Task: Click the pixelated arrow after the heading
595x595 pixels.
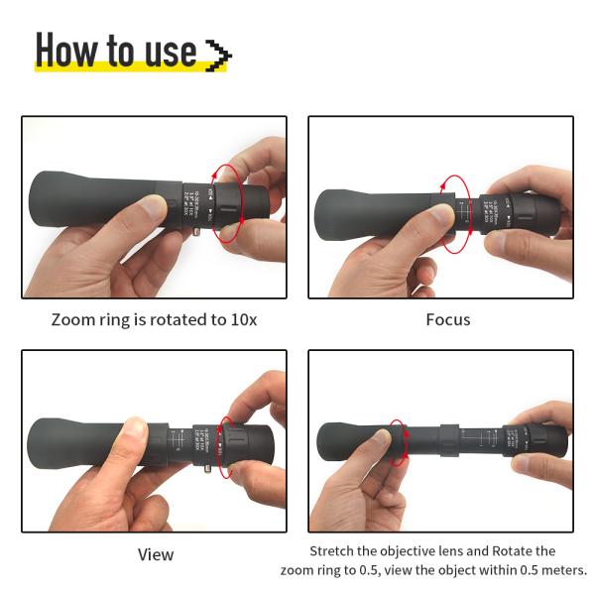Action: (217, 55)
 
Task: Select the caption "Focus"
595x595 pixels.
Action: (448, 320)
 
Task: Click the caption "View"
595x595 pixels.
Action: (156, 554)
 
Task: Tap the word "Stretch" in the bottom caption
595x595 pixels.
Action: (334, 551)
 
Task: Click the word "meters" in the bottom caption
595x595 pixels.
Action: (561, 570)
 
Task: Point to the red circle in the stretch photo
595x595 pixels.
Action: (399, 442)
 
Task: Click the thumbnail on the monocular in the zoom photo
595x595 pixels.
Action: (152, 210)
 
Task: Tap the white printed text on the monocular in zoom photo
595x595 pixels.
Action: (194, 197)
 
